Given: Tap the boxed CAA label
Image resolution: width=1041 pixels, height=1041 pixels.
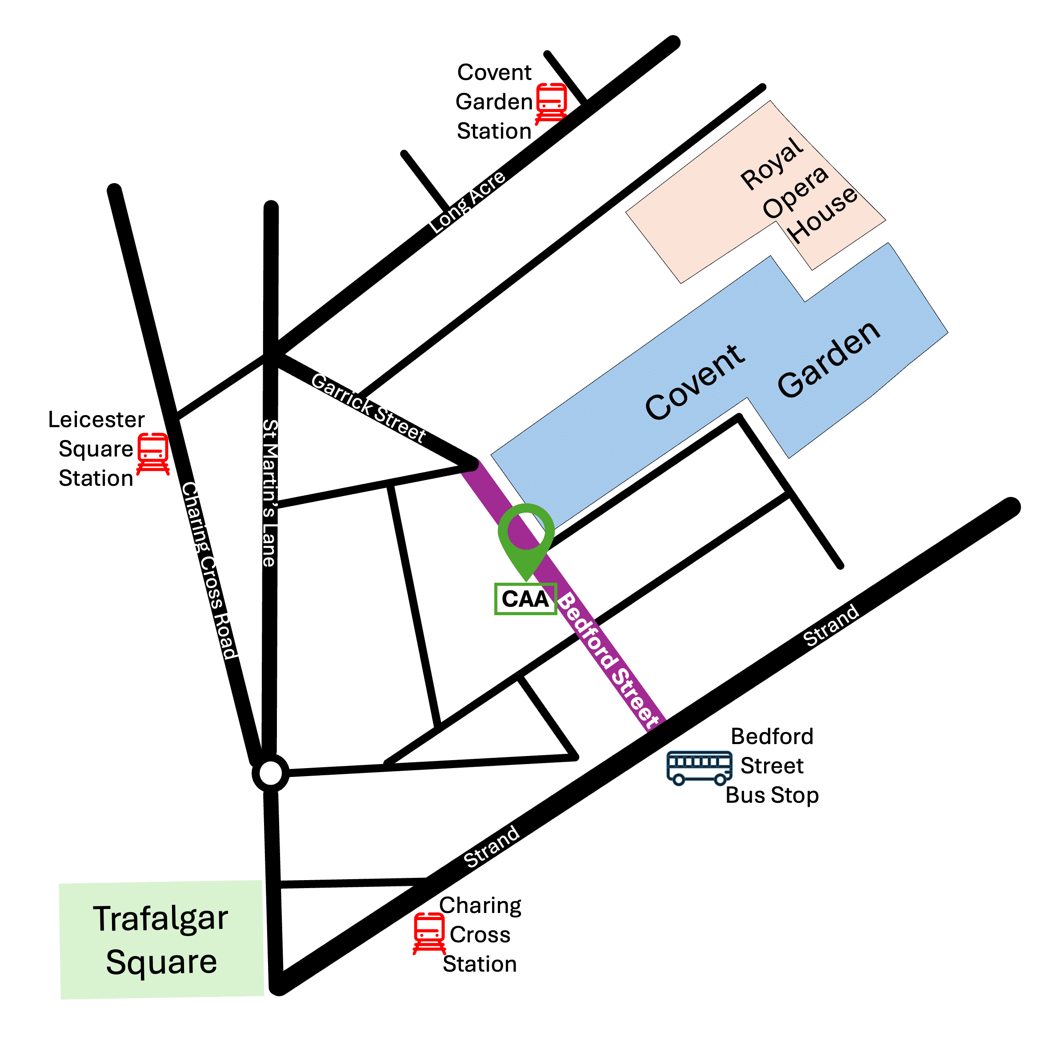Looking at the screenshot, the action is pyautogui.click(x=525, y=599).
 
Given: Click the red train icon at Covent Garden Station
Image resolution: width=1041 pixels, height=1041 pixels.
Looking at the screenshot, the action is pyautogui.click(x=551, y=103).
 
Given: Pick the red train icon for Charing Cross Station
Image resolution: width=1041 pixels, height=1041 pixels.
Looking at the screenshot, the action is pyautogui.click(x=429, y=934).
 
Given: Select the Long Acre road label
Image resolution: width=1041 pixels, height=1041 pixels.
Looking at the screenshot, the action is pyautogui.click(x=467, y=203).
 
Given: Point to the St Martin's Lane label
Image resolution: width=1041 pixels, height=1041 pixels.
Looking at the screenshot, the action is pyautogui.click(x=269, y=492).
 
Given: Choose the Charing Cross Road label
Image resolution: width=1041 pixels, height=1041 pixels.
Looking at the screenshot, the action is pyautogui.click(x=209, y=571).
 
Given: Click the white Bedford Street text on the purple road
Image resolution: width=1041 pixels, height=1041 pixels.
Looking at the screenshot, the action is pyautogui.click(x=608, y=661).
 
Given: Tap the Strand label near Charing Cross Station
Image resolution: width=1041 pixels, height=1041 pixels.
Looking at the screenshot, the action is pyautogui.click(x=492, y=846).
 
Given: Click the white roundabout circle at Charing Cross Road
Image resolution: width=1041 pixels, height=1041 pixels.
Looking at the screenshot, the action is pyautogui.click(x=271, y=774).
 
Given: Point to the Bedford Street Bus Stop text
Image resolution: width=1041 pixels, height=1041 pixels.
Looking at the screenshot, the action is pyautogui.click(x=772, y=766).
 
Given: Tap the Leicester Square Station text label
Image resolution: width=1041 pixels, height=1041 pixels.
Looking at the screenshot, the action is pyautogui.click(x=96, y=449).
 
